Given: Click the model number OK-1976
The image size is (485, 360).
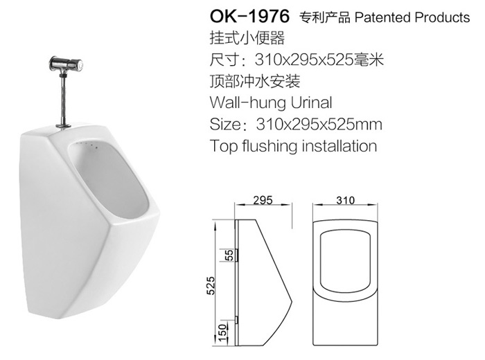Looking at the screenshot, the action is coord(249,17).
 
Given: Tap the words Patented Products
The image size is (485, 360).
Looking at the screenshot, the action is coord(412,17).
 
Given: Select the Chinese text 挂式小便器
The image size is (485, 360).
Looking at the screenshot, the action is coord(247,38).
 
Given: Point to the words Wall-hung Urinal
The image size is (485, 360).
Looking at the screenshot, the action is coord(271,102).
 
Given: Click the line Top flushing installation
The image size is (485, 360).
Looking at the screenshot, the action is coord(293,146).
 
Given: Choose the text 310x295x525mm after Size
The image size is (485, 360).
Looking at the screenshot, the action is coord(319,124).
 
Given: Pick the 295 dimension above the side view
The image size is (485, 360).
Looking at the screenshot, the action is coord(263,200).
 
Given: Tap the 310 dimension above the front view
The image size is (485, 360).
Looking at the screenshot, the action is coord(346,200).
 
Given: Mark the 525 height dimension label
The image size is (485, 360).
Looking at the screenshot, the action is coord(211,285).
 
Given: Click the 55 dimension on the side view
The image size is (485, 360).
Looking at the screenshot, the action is coord(230,255).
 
